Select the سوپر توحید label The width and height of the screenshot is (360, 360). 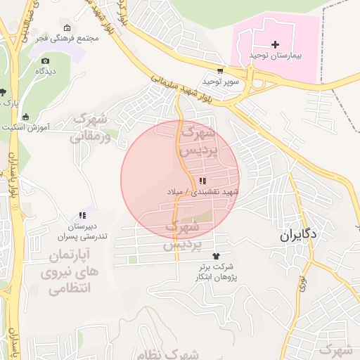[223, 81]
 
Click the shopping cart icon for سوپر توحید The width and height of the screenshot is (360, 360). [221, 71]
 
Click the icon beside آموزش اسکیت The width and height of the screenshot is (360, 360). [26, 116]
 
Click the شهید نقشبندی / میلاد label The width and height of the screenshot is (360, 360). [203, 191]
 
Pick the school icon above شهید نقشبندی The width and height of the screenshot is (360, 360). [202, 181]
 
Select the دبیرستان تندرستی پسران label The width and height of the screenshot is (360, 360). [83, 232]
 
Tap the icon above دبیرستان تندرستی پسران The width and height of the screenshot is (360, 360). [82, 216]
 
